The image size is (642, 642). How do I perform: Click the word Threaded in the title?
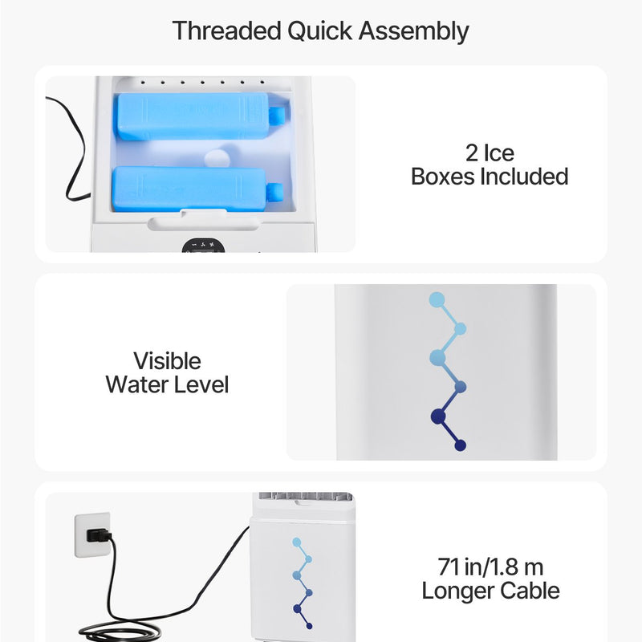(227, 31)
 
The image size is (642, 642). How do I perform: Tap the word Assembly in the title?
(413, 32)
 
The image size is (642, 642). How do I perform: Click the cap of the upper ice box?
(277, 115)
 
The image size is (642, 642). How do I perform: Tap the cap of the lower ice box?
(274, 193)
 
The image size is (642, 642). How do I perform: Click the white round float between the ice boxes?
(217, 158)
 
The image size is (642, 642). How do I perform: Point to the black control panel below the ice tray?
(204, 246)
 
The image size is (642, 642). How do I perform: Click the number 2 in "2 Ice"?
(472, 153)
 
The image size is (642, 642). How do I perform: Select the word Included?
(524, 177)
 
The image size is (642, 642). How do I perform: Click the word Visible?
(167, 361)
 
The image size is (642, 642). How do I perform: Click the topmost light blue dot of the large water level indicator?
(437, 299)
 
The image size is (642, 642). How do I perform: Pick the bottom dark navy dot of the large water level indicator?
(460, 445)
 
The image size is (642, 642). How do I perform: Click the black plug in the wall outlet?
(98, 535)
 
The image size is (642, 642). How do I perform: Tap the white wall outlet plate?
(92, 534)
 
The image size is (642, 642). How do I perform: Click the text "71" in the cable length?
(449, 567)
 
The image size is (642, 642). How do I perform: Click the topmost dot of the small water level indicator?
(297, 542)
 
